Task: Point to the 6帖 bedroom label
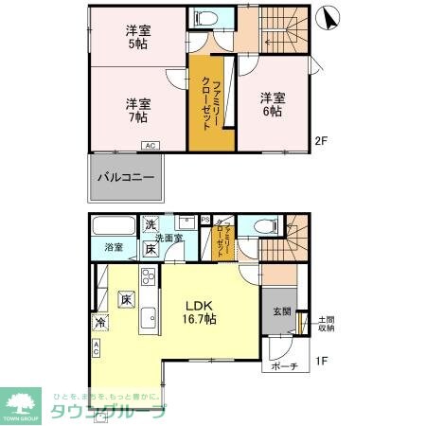coord(272,104)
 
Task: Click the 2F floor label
coord(321,141)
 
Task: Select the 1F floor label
coord(321,360)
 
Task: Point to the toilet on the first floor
coord(265,226)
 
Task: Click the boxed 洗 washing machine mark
coord(151,224)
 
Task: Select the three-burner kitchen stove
coord(148,276)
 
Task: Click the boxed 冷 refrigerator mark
coord(99,323)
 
